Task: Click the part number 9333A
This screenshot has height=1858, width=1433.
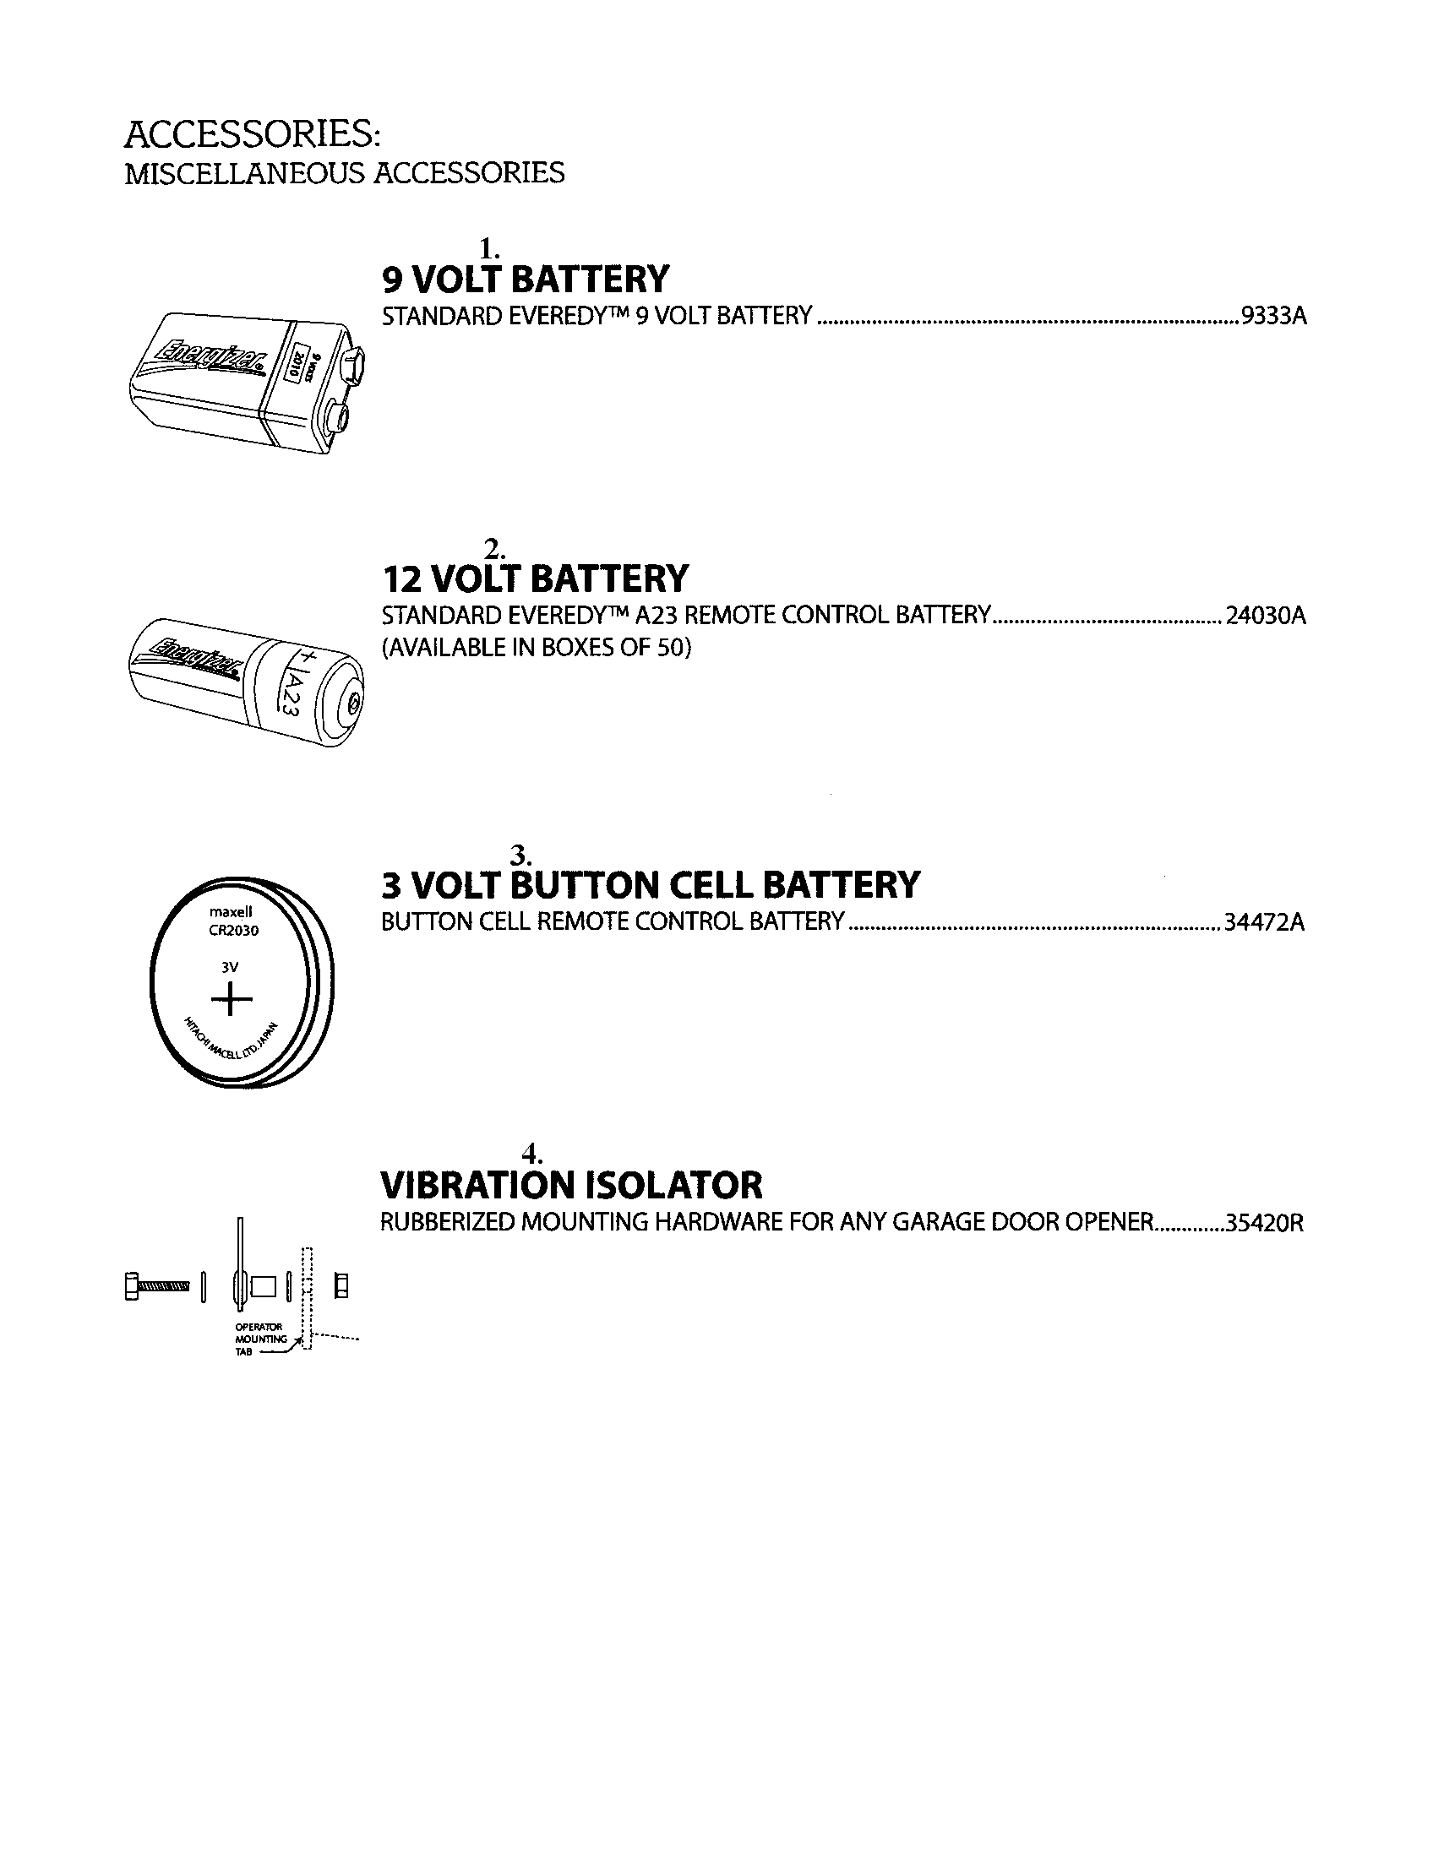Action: [x=1273, y=317]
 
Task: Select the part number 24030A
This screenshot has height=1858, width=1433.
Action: [x=1266, y=615]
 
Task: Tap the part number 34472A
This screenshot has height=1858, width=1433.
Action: [x=1264, y=922]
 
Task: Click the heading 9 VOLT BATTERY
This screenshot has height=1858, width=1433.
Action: [x=526, y=279]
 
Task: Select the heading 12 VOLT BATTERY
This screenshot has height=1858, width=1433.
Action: [x=535, y=579]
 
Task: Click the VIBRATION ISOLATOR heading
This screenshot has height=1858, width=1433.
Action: [x=571, y=1184]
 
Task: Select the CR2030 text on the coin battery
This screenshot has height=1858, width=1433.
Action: [x=233, y=931]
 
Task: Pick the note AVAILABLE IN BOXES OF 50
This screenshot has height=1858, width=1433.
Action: [x=536, y=649]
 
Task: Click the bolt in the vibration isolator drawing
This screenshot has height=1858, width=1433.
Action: [x=158, y=1285]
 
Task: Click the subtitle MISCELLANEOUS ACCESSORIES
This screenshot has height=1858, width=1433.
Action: [x=344, y=172]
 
